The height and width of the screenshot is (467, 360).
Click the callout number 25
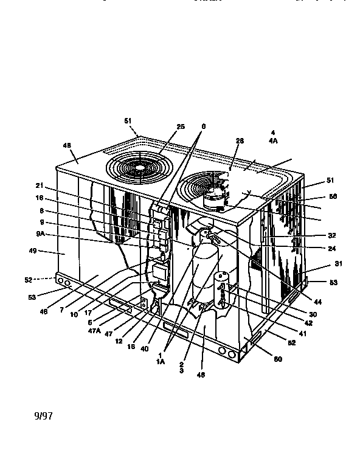click(181, 126)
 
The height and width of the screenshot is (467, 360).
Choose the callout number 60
click(278, 359)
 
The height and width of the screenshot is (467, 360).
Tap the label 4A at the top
click(274, 140)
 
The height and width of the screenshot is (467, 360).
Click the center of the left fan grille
click(139, 165)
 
